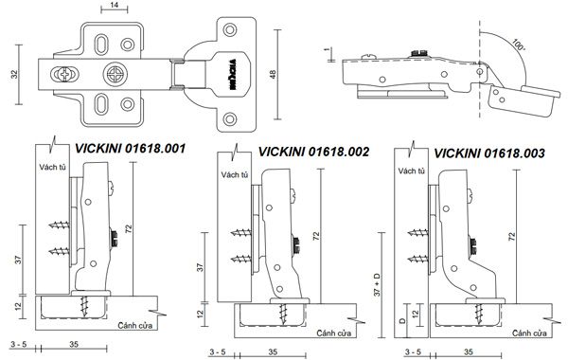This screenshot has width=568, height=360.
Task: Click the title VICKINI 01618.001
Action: pos(130,149)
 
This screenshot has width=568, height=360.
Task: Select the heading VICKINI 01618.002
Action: pos(313,152)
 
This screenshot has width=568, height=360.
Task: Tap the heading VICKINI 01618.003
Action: pos(489,153)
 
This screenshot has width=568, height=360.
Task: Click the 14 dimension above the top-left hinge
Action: pos(115,5)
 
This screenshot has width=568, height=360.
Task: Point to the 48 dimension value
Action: pos(273,74)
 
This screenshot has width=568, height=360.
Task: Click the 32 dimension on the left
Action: pos(14,74)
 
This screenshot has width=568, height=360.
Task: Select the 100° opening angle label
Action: pos(519,45)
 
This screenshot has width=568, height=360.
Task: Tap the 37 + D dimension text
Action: pos(378,284)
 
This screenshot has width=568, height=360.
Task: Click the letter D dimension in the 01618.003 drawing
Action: pos(402,321)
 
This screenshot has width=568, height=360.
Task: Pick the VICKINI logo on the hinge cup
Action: pos(232,74)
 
